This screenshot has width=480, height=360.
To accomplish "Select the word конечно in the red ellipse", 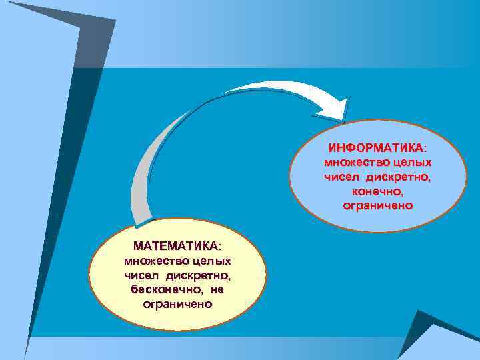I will pyautogui.click(x=377, y=191).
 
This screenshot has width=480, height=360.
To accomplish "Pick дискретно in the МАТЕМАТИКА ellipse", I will pyautogui.click(x=197, y=275).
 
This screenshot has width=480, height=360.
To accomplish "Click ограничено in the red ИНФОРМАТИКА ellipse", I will pyautogui.click(x=377, y=206).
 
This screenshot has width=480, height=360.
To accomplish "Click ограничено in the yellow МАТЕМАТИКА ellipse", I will pyautogui.click(x=177, y=304).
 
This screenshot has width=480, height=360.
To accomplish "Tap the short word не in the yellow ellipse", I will pyautogui.click(x=217, y=289).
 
